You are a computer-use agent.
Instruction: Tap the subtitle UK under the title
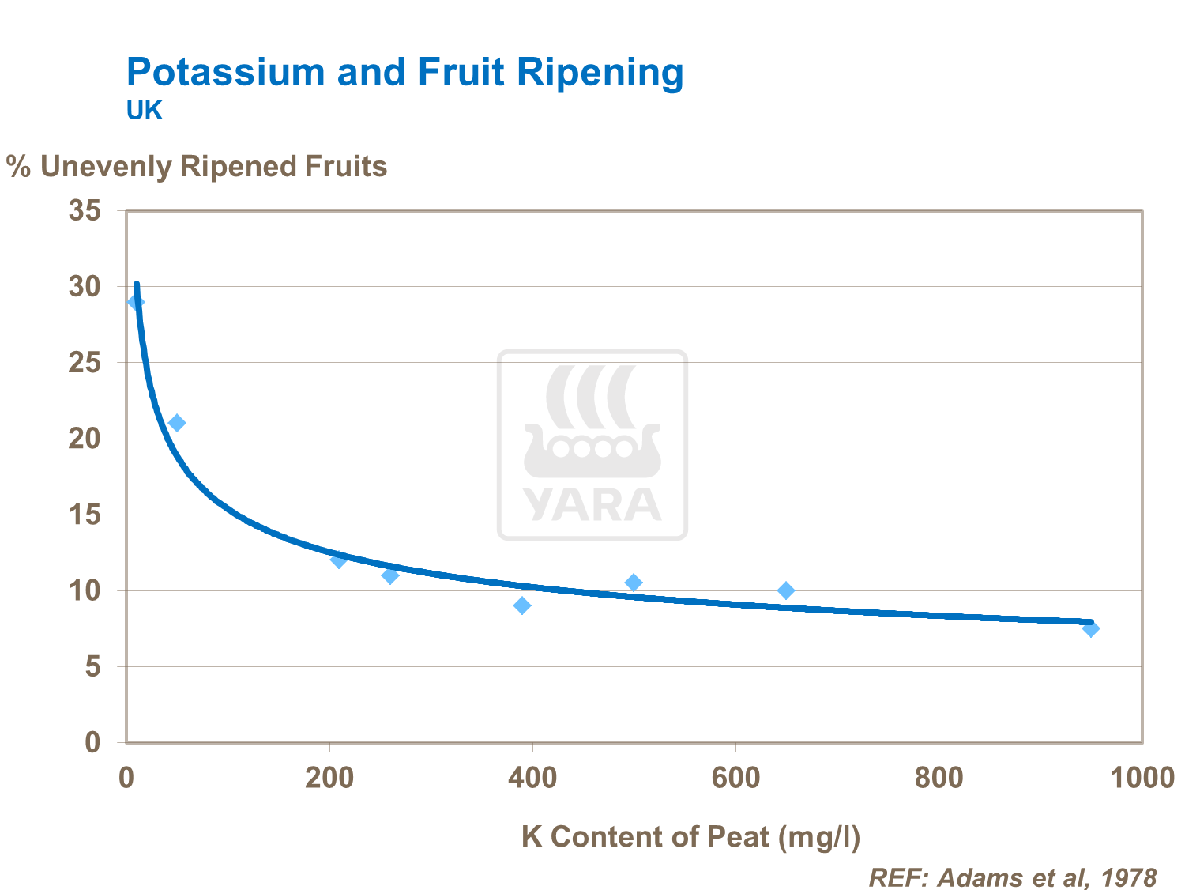pos(144,111)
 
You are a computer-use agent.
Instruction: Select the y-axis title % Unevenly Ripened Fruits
pos(197,167)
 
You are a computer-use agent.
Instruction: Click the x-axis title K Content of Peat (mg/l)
pos(690,836)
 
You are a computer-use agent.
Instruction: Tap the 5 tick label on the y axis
pos(93,667)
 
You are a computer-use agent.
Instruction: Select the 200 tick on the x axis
pos(329,778)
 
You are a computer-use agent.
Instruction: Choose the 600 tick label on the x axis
pos(735,778)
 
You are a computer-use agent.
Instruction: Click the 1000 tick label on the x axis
pos(1142,778)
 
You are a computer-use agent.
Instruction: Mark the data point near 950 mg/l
pos(1091,628)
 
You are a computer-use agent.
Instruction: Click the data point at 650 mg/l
pos(786,590)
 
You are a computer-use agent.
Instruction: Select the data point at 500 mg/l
pos(634,583)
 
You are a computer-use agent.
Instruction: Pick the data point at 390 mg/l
pos(522,605)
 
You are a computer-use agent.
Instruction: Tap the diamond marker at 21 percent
pos(177,423)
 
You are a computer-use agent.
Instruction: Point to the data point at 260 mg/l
pos(390,575)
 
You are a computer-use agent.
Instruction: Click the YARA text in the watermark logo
pos(592,503)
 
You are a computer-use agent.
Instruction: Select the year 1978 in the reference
pos(1129,877)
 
